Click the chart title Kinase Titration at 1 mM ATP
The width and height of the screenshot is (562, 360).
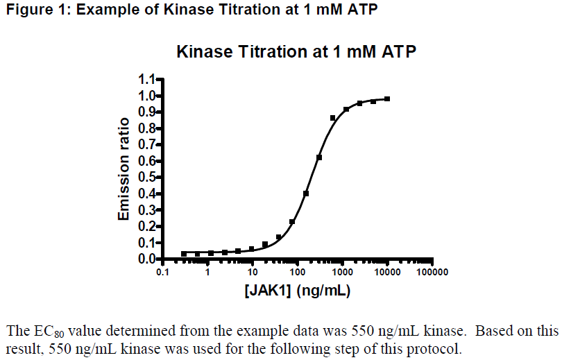click(296, 52)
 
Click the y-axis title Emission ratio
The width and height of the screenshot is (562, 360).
click(124, 169)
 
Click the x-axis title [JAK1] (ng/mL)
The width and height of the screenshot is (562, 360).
click(297, 290)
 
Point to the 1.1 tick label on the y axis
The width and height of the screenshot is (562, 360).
click(147, 79)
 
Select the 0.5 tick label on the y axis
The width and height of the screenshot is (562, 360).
click(147, 177)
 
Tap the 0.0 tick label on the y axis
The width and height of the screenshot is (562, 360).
click(147, 259)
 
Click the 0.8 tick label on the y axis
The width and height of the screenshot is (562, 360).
click(147, 128)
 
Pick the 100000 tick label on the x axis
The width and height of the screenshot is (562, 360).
click(432, 273)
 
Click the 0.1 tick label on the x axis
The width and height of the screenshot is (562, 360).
click(162, 273)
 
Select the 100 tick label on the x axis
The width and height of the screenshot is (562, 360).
click(298, 273)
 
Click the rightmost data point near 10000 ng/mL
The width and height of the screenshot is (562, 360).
click(387, 99)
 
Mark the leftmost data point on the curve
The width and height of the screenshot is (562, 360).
click(184, 254)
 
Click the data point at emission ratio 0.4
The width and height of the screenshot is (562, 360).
click(306, 194)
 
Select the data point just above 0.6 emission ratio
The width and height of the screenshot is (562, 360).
click(319, 157)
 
